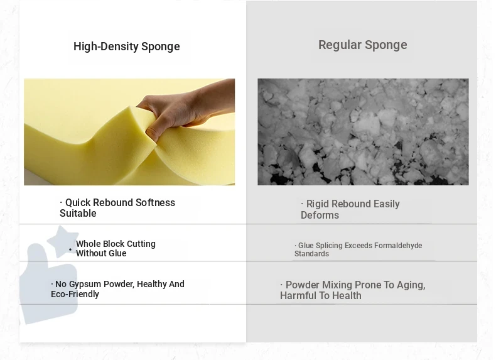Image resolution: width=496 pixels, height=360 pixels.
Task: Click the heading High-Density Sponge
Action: [x=127, y=46]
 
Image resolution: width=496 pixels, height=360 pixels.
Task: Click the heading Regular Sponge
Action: [x=362, y=45]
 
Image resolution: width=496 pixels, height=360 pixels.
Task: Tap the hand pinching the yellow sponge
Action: [x=186, y=109]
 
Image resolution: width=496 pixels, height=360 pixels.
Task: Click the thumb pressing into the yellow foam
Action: [x=152, y=133]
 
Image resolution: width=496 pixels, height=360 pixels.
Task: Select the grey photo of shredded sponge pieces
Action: [x=363, y=132]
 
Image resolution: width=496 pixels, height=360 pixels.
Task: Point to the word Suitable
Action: [x=78, y=214]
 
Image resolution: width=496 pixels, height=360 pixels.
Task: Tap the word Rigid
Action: [x=318, y=204]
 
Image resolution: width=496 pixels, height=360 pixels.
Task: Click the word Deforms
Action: [x=320, y=215]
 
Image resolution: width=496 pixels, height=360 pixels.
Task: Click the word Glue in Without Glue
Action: [x=117, y=253]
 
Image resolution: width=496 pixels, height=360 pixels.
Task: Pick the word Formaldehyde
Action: [x=398, y=246]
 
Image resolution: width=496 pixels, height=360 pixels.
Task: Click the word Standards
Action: [x=311, y=254]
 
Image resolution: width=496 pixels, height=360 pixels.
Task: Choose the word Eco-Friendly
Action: [x=75, y=294]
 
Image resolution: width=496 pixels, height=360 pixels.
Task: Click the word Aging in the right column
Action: [x=411, y=285]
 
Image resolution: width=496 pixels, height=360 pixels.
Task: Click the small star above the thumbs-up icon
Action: [x=63, y=241]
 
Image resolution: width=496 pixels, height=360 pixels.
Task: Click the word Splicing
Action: [x=329, y=246]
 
